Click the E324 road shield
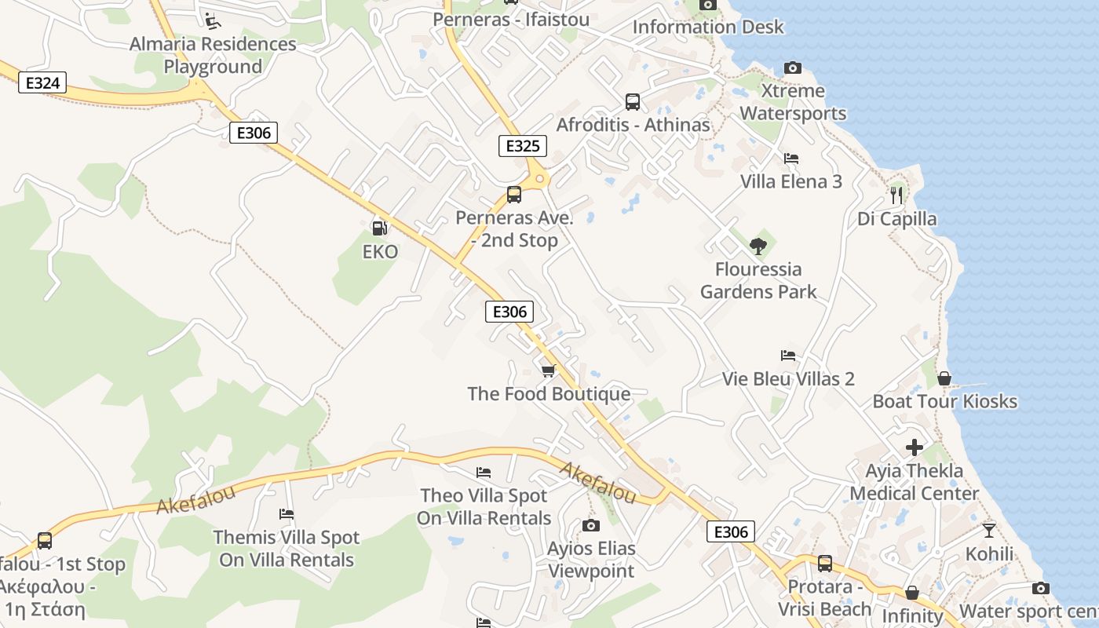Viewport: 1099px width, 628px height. pyautogui.click(x=42, y=83)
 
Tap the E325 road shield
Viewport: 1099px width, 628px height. pyautogui.click(x=522, y=146)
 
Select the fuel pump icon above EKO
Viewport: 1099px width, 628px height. pyautogui.click(x=379, y=228)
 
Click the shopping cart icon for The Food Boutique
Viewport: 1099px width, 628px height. pyautogui.click(x=548, y=371)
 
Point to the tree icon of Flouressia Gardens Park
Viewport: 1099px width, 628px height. pyautogui.click(x=758, y=246)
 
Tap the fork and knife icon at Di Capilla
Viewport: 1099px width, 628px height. pyautogui.click(x=896, y=195)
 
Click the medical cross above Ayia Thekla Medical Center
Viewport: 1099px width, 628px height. pyautogui.click(x=915, y=447)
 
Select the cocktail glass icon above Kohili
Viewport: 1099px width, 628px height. pyautogui.click(x=989, y=531)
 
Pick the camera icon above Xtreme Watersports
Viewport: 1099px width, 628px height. pyautogui.click(x=793, y=68)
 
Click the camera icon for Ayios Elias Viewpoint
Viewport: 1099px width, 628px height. pyautogui.click(x=590, y=525)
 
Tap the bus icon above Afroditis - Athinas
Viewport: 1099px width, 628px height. pyautogui.click(x=633, y=102)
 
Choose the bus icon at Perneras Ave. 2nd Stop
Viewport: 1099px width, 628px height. pyautogui.click(x=514, y=195)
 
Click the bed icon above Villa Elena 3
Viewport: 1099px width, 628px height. pyautogui.click(x=791, y=159)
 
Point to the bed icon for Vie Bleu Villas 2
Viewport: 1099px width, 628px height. pyautogui.click(x=788, y=356)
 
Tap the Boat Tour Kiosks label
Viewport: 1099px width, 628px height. pyautogui.click(x=945, y=401)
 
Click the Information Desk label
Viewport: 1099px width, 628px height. pyautogui.click(x=708, y=27)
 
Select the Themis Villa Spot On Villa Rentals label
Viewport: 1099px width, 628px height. pyautogui.click(x=287, y=549)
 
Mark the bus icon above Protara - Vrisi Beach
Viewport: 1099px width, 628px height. pyautogui.click(x=824, y=563)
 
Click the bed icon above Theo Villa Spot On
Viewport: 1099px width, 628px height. pyautogui.click(x=484, y=473)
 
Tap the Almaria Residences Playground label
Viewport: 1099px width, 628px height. pyautogui.click(x=213, y=55)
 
